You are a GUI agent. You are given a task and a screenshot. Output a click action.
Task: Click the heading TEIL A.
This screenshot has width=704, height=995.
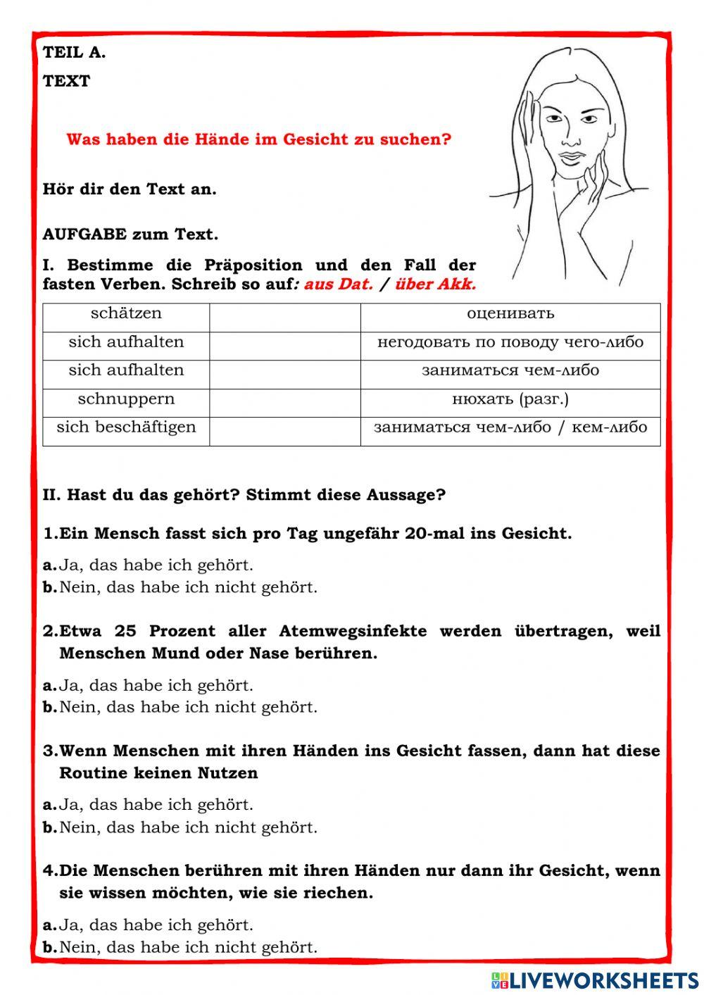click(x=74, y=52)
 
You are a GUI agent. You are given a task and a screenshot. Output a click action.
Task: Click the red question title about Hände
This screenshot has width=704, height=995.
click(x=258, y=139)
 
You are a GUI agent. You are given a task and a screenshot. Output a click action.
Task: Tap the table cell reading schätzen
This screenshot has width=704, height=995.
click(x=126, y=313)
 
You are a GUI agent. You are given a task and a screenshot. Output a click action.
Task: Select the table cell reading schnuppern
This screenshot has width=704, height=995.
click(x=126, y=399)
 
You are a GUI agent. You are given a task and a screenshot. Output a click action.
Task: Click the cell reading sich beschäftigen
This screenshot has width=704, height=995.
click(x=126, y=427)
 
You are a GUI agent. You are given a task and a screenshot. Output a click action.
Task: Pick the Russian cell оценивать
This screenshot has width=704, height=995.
click(x=510, y=313)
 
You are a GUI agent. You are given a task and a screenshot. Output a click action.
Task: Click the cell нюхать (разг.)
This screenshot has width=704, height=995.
click(x=510, y=399)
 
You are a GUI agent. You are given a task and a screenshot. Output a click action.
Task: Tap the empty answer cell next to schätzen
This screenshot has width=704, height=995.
click(x=284, y=317)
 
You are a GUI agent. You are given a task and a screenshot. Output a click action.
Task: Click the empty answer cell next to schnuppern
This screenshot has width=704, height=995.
click(x=284, y=403)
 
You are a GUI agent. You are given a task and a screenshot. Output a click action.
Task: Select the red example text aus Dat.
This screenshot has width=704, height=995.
click(x=339, y=284)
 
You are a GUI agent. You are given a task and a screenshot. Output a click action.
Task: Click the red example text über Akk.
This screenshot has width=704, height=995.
click(x=436, y=284)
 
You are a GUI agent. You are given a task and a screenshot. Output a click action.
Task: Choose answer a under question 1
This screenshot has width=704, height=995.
click(x=156, y=565)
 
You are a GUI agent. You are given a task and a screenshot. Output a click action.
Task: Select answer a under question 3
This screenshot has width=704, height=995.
click(x=156, y=804)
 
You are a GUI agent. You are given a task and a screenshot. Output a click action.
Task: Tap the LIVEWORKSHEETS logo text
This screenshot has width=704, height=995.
click(x=604, y=980)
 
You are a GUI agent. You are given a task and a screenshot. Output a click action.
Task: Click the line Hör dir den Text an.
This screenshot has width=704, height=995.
click(x=130, y=189)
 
